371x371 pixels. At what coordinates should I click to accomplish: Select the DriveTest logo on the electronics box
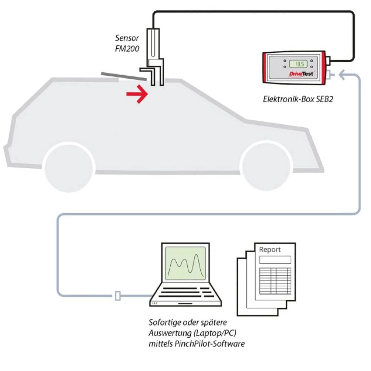301,74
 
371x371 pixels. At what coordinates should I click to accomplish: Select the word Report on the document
270,250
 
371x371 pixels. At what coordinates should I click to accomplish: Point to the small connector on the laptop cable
118,296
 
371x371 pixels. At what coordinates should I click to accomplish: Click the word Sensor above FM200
127,38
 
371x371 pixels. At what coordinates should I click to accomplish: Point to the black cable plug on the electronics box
328,60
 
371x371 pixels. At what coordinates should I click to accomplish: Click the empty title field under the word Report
275,259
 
